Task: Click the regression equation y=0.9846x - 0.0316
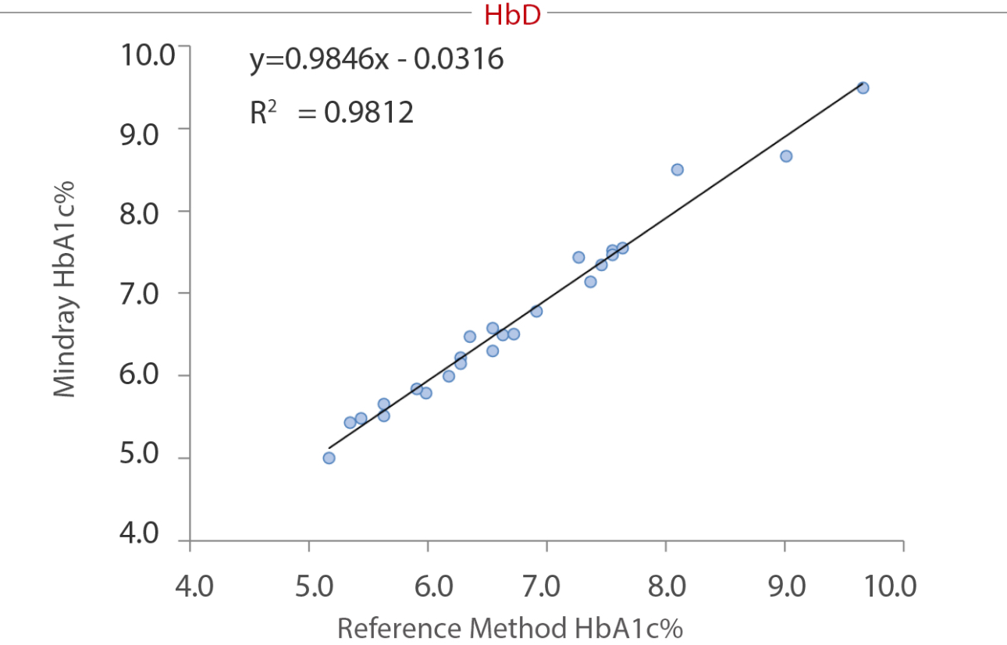[x=376, y=59]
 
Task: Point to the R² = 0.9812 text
[x=331, y=113]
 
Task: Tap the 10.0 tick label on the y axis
[x=147, y=55]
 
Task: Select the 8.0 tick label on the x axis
[x=665, y=586]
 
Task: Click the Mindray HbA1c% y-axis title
[x=66, y=290]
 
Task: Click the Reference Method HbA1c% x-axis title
[x=510, y=628]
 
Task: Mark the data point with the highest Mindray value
[x=863, y=87]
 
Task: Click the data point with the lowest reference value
[x=329, y=458]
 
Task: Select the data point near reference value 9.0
[x=786, y=156]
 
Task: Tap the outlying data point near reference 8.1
[x=677, y=169]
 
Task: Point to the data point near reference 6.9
[x=536, y=311]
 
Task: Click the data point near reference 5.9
[x=416, y=388]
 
